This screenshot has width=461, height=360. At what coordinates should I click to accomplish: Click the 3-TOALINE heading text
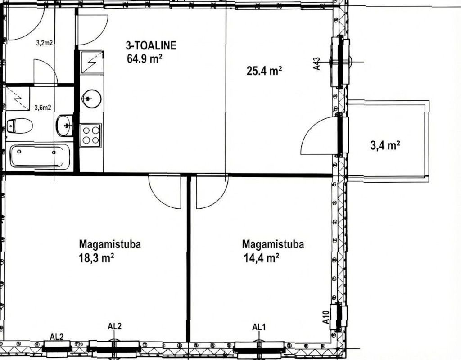(151, 45)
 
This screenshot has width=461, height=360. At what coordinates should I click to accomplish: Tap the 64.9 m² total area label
(145, 59)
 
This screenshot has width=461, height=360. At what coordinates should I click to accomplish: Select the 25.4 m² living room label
(264, 71)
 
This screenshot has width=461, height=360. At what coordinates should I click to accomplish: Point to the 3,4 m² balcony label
(385, 145)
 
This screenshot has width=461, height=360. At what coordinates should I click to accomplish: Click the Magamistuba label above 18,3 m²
(110, 244)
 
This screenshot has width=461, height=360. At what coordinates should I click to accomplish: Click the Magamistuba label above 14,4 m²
(273, 244)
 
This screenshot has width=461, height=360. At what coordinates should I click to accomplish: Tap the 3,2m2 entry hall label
(45, 43)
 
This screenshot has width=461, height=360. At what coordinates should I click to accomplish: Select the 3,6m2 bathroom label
(43, 108)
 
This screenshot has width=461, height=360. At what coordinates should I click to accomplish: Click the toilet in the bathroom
(19, 126)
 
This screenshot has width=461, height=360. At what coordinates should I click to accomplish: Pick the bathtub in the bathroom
(40, 156)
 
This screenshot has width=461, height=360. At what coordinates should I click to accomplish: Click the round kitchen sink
(91, 99)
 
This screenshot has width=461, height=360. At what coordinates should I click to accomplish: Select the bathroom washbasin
(65, 126)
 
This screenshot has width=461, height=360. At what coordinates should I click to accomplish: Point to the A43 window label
(316, 63)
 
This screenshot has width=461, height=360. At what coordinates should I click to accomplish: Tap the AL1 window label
(259, 327)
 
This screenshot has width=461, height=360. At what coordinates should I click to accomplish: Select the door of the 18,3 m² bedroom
(165, 191)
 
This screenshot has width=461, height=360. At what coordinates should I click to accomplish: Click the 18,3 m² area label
(96, 258)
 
